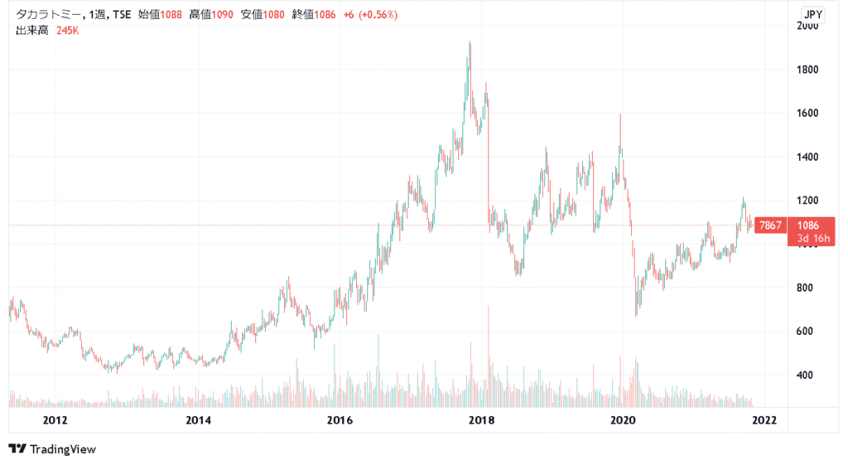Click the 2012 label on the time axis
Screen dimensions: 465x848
tap(55, 419)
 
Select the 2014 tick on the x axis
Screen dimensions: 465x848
tap(199, 419)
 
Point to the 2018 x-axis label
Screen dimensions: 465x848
tap(481, 419)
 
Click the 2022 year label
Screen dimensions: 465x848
tap(763, 419)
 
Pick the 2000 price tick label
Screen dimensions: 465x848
tap(807, 26)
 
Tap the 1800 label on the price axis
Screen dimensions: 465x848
tap(807, 70)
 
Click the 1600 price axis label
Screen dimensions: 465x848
tap(807, 113)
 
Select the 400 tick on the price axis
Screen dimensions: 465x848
tap(804, 375)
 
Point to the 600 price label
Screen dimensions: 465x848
tap(804, 332)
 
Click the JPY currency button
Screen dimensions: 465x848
tap(812, 13)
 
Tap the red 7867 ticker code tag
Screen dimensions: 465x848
tap(770, 225)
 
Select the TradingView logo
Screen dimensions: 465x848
tap(52, 448)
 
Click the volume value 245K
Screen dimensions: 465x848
tap(68, 31)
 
